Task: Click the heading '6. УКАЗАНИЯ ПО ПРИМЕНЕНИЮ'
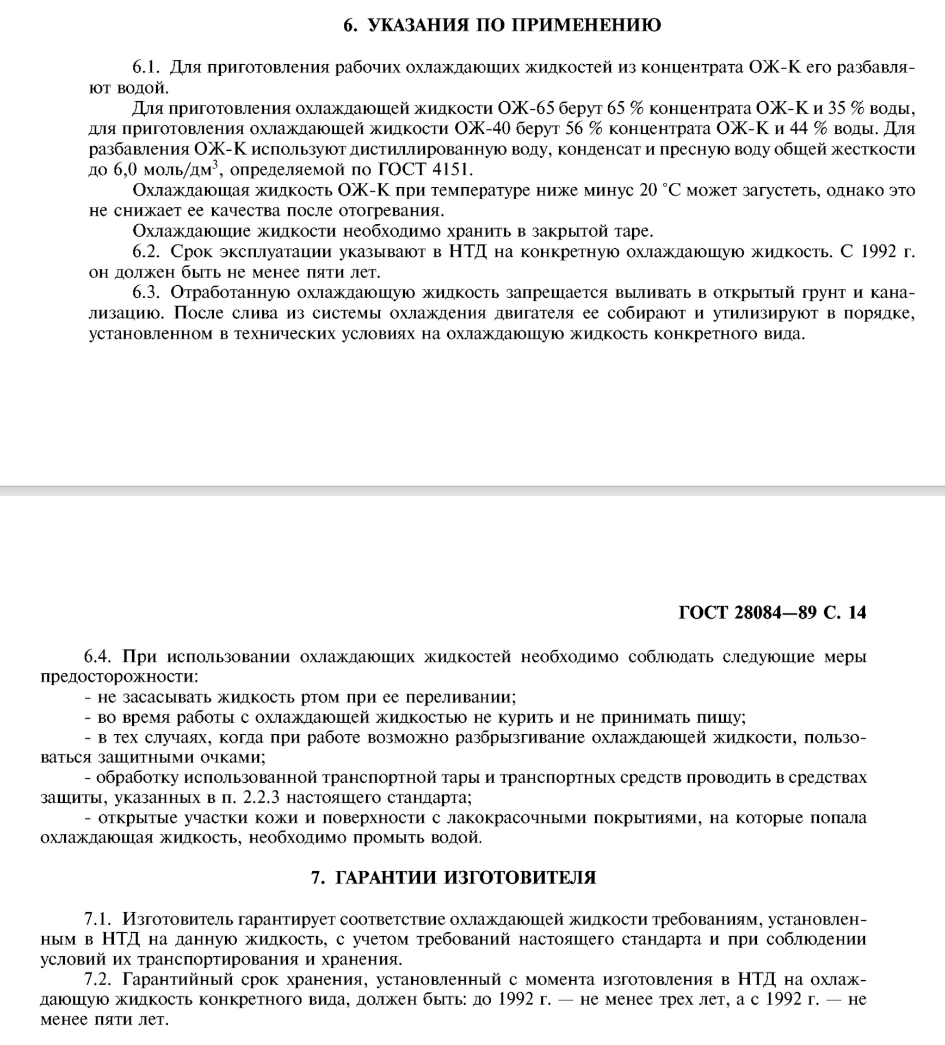(502, 26)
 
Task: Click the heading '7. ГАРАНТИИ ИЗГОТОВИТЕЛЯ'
(453, 878)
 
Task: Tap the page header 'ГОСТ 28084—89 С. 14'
(772, 613)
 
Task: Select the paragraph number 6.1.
(146, 68)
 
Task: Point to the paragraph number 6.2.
(146, 253)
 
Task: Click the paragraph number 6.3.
(146, 293)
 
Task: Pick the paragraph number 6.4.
(98, 657)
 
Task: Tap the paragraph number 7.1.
(98, 920)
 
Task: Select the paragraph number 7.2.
(98, 980)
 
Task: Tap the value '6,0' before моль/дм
(124, 170)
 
